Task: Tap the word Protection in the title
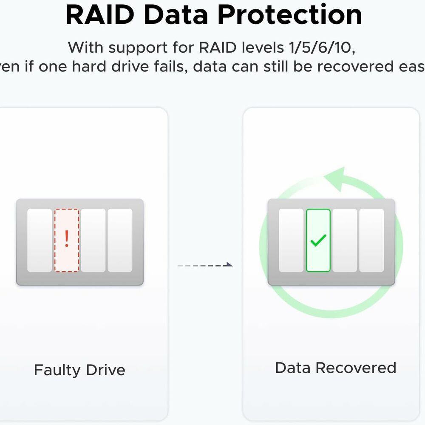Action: coord(290,15)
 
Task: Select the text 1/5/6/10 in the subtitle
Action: coord(322,47)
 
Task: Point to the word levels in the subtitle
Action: coord(258,47)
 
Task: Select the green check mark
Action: coord(318,240)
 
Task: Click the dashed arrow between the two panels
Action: coord(205,265)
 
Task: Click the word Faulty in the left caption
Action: coord(57,370)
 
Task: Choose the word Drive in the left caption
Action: coord(105,370)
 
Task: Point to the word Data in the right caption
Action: coord(293,368)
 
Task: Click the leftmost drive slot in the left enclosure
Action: coord(40,240)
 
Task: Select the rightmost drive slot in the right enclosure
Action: coord(371,240)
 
